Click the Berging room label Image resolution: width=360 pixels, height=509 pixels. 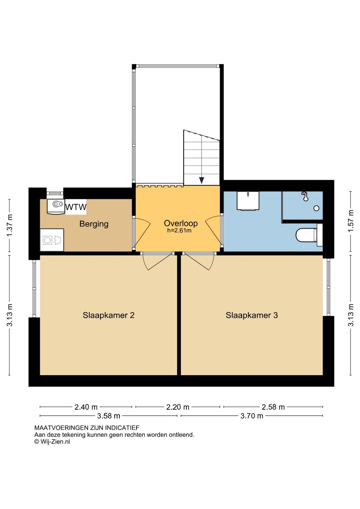tap(94, 224)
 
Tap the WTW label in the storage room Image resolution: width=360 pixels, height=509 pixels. tap(76, 207)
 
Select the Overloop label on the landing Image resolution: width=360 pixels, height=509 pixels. tap(181, 223)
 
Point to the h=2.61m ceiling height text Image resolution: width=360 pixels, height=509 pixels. tap(179, 230)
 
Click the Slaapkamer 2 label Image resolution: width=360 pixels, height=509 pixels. tap(108, 315)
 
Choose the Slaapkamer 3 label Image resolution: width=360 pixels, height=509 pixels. tap(252, 315)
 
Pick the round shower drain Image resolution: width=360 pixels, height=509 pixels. tap(316, 208)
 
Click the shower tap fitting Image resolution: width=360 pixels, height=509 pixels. tap(305, 196)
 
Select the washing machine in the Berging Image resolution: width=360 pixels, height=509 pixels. tap(52, 240)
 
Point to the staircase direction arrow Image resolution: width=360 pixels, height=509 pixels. tap(201, 180)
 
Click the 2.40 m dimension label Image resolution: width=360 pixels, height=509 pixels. tap(86, 407)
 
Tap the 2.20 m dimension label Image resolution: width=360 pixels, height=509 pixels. tap(178, 407)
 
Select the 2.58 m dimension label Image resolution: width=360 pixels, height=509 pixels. tap(273, 407)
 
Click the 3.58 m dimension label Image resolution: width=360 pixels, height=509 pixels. tap(108, 416)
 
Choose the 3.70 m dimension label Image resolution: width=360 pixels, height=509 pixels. tap(252, 416)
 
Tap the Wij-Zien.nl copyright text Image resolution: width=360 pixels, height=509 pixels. tap(52, 442)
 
